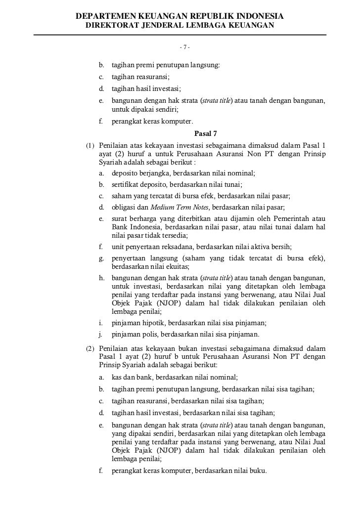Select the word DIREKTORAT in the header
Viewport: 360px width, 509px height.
pos(113,25)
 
